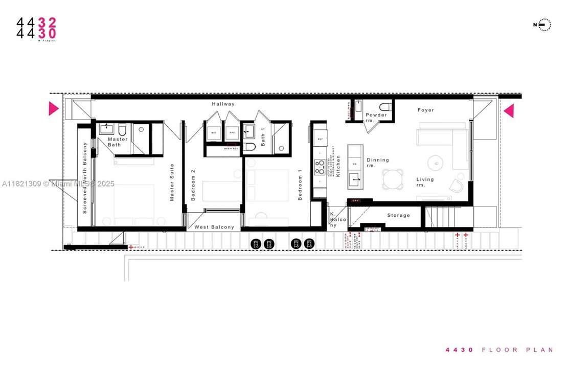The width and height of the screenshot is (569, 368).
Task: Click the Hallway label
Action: pos(223,104)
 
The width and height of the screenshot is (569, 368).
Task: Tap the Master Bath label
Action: pos(118,142)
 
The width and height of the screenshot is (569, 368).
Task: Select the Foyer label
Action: pos(426,110)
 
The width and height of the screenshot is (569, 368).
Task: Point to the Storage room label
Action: pos(398,215)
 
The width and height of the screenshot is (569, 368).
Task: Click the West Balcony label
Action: pos(214,227)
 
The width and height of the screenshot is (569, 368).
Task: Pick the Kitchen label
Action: pos(338,167)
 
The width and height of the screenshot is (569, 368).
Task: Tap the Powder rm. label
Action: pos(376,118)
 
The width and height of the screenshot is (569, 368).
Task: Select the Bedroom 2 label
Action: pos(193,185)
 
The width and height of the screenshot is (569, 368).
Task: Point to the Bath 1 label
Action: pos(263,137)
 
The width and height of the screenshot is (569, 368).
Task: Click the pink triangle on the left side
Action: pos(53,109)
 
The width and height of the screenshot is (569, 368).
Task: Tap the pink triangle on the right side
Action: pos(509,111)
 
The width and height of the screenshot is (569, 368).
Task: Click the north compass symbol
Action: pos(544,25)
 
